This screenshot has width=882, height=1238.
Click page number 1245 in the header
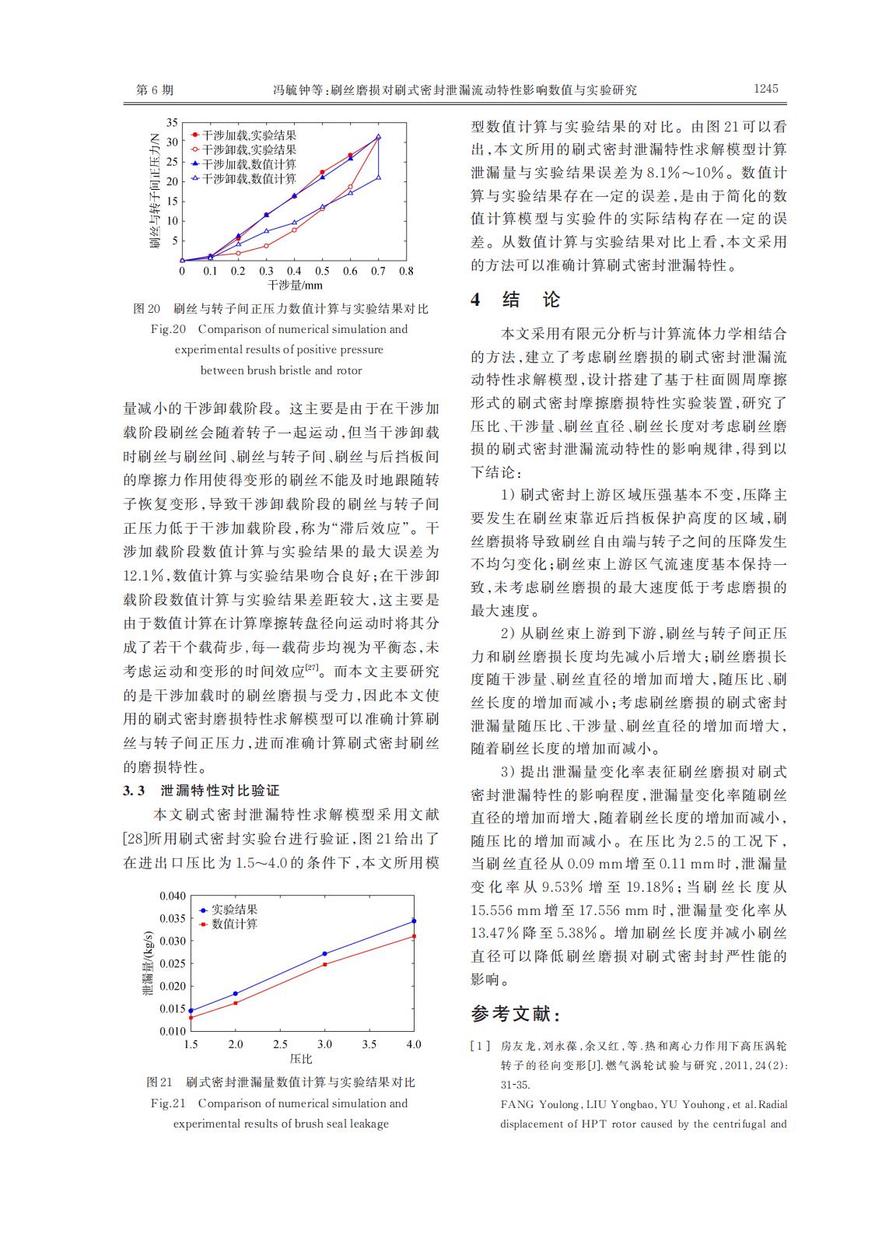765,89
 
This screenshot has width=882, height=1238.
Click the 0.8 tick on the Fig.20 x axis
406,272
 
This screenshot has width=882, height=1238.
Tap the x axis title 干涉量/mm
295,286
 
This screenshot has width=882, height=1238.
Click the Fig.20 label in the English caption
168,329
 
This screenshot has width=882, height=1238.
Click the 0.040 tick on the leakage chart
173,896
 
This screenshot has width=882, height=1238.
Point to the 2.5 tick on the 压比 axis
280,1044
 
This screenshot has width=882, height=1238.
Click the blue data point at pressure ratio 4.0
414,921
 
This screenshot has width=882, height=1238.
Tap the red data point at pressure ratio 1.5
191,1017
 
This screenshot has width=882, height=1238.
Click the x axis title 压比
301,1058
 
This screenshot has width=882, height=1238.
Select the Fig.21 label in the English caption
168,1103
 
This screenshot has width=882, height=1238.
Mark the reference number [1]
480,1047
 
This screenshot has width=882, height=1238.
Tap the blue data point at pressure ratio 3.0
324,953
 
